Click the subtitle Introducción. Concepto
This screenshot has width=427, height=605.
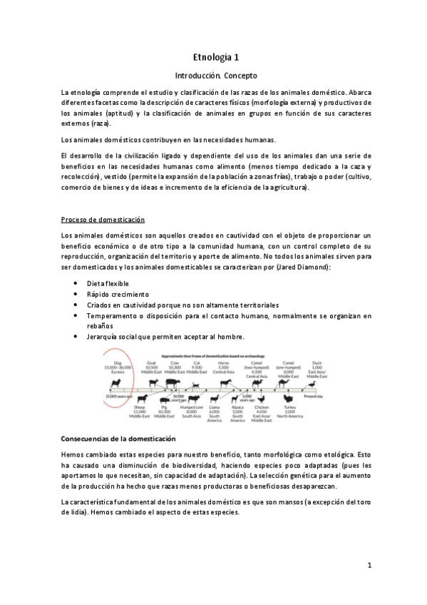coord(215,75)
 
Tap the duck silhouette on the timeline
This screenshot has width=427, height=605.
coord(311,385)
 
